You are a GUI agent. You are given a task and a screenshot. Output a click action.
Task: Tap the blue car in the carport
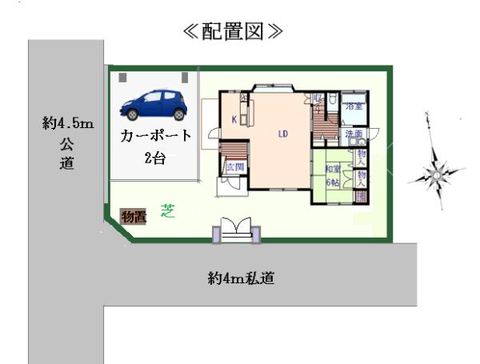[x=153, y=103]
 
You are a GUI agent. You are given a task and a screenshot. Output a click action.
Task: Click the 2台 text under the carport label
[x=155, y=158]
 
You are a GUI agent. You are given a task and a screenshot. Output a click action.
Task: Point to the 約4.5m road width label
[x=68, y=124]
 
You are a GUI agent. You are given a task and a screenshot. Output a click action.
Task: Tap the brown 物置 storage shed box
[x=133, y=215]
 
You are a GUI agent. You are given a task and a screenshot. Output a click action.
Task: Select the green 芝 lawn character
[x=168, y=211]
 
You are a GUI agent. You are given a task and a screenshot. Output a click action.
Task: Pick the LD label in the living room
[x=283, y=134]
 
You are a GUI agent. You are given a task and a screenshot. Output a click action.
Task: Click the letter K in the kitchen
[x=234, y=120]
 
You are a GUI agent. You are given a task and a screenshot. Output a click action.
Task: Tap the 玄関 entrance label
[x=234, y=167]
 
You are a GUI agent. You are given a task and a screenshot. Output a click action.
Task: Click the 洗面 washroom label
[x=354, y=134]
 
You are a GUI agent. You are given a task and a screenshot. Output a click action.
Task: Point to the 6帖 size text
[x=332, y=182]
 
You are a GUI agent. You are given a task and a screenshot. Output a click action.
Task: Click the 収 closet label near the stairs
[x=318, y=99]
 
